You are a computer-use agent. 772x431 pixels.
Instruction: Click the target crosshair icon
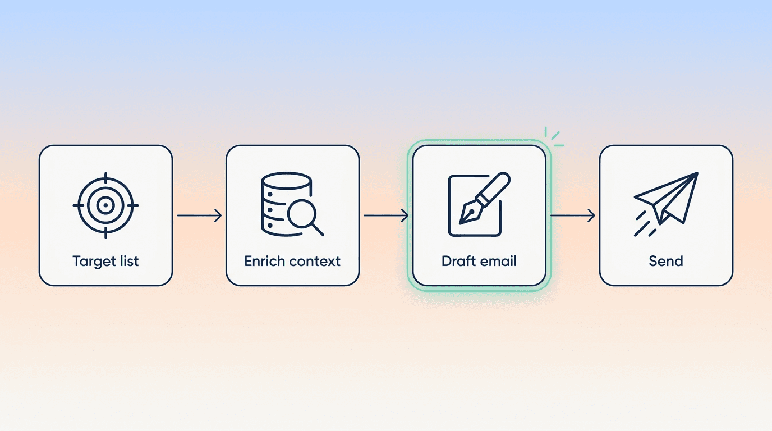[105, 205]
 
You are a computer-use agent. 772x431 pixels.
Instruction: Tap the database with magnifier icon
[292, 204]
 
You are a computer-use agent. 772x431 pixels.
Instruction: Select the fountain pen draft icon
[479, 204]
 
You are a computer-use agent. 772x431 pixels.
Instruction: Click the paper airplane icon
[666, 204]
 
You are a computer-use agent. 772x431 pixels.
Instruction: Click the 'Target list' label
[105, 262]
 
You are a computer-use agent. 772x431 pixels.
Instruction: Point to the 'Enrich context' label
[292, 261]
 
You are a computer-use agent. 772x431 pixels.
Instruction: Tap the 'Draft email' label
[479, 261]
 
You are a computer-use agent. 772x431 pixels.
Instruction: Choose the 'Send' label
[666, 261]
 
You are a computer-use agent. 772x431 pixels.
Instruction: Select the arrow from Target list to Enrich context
[199, 215]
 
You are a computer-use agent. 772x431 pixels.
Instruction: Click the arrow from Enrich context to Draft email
[386, 215]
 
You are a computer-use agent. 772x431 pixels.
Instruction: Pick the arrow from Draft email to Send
[573, 215]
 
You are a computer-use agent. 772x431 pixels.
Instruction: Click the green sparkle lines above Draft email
[554, 137]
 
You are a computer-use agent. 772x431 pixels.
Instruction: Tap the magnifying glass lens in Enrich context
[302, 213]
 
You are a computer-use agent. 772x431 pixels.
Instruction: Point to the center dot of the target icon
[105, 205]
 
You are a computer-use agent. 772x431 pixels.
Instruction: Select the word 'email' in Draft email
[498, 261]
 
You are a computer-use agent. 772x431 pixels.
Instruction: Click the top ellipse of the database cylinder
[286, 181]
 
